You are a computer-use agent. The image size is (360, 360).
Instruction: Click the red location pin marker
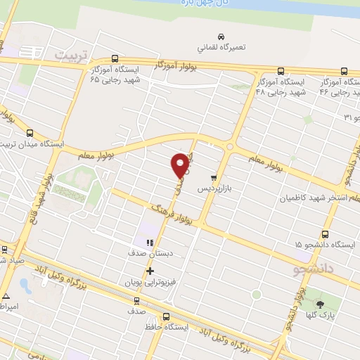pos(181,165)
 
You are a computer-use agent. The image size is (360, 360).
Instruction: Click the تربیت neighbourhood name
pos(74,54)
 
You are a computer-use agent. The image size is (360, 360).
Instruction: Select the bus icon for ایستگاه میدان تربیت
pos(30,133)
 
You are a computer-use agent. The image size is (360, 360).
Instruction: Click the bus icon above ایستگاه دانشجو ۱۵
pos(325,235)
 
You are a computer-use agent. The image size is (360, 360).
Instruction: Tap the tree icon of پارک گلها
pos(321,304)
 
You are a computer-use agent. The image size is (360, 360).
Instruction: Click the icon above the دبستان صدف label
pos(148,243)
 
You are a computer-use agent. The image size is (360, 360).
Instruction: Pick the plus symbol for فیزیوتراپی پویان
pos(149,270)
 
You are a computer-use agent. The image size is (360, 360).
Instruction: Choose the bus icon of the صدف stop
pos(135,298)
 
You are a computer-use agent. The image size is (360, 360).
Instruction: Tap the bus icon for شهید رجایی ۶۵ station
pos(116,60)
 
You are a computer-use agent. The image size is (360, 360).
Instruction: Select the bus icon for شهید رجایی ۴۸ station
pos(281,71)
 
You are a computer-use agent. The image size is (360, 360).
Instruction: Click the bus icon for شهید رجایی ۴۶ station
pos(345,71)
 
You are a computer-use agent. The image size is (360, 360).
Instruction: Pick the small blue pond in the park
pos(26,285)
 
